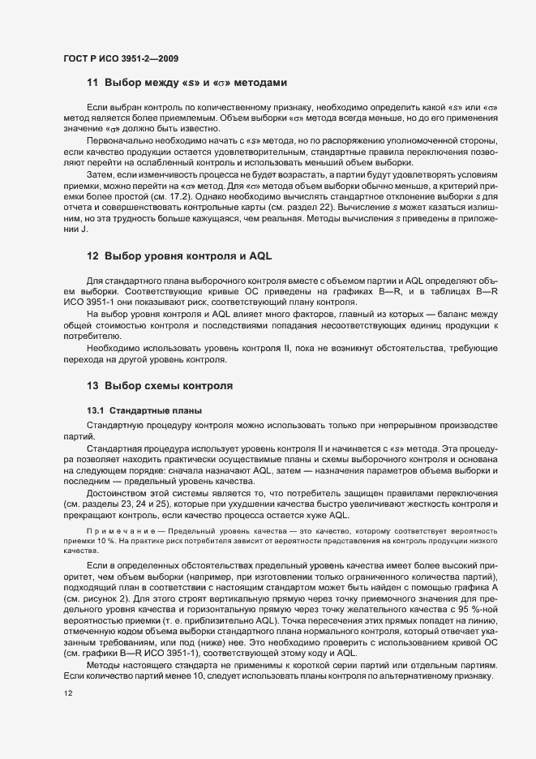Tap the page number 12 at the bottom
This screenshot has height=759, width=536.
click(66, 694)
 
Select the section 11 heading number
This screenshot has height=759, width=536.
click(92, 83)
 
